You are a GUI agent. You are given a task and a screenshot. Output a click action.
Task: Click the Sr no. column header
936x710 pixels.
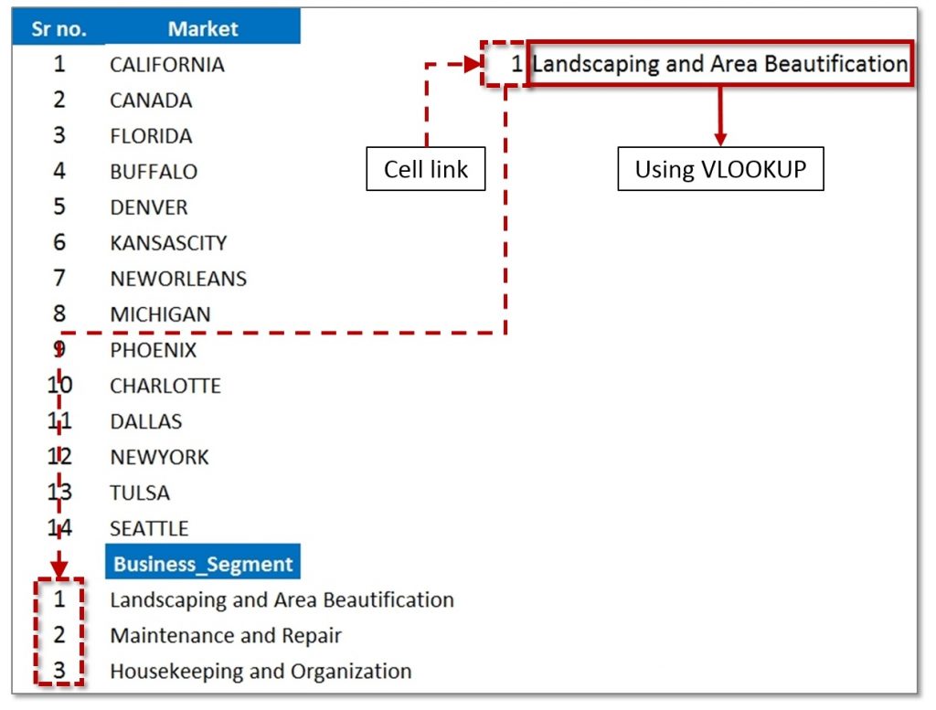click(58, 28)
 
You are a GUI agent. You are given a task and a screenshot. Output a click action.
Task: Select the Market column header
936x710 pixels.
click(203, 28)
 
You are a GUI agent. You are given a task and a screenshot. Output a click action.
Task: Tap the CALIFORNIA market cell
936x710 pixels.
click(167, 65)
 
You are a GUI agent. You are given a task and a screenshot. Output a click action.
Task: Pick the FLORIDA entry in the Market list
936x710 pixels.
click(151, 136)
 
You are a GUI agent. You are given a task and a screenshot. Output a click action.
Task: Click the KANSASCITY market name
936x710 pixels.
click(168, 243)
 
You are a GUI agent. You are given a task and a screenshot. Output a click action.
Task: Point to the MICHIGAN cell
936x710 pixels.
click(160, 314)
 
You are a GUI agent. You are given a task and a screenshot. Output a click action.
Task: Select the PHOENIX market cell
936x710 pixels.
click(153, 350)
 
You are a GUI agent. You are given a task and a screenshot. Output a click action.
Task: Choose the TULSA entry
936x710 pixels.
click(140, 493)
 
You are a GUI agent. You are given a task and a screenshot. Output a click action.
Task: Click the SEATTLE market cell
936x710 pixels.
click(149, 529)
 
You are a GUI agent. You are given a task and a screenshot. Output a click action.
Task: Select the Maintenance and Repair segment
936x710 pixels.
click(226, 635)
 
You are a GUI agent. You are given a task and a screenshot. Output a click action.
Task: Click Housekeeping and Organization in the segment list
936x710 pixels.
click(261, 672)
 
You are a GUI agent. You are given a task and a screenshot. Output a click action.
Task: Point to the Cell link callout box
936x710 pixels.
click(426, 169)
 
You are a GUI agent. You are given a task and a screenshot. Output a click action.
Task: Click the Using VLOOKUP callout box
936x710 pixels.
click(720, 169)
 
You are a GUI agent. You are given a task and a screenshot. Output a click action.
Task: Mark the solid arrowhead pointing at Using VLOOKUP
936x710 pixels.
click(720, 140)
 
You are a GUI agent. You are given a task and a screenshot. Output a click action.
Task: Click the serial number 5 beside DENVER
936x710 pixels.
click(59, 207)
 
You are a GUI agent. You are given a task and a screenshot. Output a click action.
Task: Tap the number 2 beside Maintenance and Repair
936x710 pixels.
click(59, 635)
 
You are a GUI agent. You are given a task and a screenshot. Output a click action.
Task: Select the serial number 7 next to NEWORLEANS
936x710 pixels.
click(59, 278)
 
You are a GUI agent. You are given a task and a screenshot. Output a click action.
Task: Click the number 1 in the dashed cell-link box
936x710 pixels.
click(517, 64)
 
